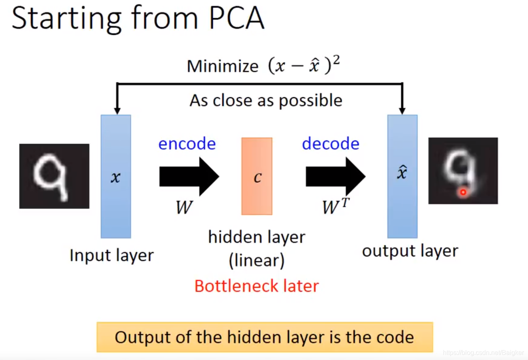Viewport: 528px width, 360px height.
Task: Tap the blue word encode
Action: [x=187, y=144]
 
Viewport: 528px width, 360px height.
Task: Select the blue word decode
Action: [x=331, y=144]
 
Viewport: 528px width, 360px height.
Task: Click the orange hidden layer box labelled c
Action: [x=257, y=176]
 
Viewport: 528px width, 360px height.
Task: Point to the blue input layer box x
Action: [x=116, y=177]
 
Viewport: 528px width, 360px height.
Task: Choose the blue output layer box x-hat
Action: [x=402, y=177]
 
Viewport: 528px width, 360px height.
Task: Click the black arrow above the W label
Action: [x=189, y=177]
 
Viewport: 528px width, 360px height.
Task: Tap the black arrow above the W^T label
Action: [x=335, y=177]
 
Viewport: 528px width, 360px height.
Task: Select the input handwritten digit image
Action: [x=54, y=176]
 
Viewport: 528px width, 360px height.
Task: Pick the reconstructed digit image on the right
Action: [x=463, y=170]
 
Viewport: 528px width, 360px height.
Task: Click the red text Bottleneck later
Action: [x=257, y=286]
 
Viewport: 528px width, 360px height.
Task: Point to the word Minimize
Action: [x=222, y=66]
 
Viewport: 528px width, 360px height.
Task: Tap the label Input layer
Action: [x=111, y=256]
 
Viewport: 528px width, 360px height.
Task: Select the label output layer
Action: [x=410, y=251]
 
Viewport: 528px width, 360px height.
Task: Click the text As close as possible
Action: [x=266, y=100]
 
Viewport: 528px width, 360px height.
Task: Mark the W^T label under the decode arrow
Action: [x=335, y=206]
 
